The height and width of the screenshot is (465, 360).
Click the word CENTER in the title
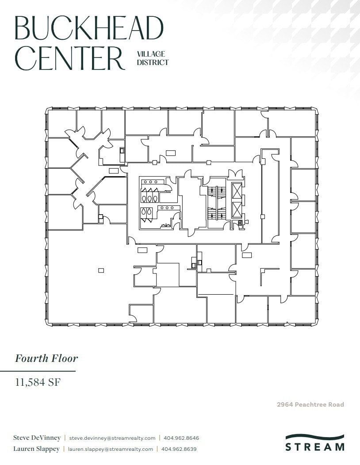click(70, 58)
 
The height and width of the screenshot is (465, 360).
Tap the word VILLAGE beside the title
click(151, 54)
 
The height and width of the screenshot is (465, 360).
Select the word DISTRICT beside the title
click(153, 62)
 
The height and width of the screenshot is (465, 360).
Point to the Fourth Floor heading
click(46, 358)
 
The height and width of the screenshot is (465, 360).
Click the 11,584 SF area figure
click(38, 382)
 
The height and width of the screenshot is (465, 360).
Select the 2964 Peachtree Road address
click(310, 404)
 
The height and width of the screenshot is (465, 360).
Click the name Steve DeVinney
click(37, 438)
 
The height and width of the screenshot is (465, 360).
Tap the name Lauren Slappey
click(36, 449)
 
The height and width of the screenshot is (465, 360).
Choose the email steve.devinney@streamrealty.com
click(112, 438)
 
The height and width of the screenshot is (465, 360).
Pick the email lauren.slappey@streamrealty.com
click(111, 449)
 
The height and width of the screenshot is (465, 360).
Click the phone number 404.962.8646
click(181, 438)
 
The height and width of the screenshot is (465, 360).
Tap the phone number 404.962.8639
click(179, 449)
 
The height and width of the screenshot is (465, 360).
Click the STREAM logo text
click(314, 447)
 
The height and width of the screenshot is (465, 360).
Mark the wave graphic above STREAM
click(314, 437)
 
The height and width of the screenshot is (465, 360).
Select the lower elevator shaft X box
click(237, 210)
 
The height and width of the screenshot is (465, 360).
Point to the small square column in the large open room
click(101, 270)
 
